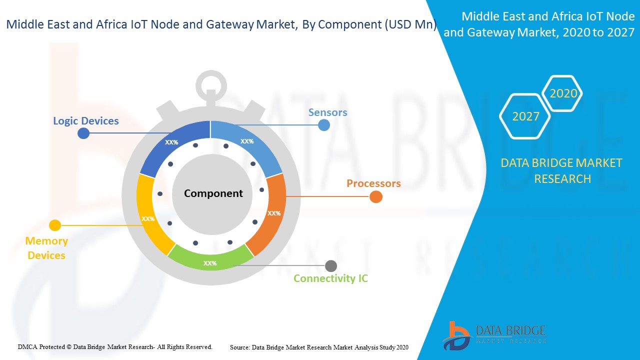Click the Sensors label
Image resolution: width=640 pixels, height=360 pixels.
327,112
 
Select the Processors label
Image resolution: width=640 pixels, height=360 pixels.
373,183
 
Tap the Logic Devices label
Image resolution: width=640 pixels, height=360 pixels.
86,121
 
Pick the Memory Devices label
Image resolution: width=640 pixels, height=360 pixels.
46,248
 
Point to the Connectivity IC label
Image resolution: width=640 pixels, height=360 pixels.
330,278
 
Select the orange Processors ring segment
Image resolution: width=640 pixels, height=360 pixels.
270,215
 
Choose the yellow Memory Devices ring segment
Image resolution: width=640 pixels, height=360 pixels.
149,215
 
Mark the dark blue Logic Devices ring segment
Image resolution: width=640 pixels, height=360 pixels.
172,145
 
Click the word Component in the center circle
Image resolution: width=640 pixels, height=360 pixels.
213,193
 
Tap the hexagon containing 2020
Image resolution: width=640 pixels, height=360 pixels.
563,93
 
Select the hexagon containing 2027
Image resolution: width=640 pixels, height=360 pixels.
525,116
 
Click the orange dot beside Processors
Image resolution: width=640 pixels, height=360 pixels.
376,197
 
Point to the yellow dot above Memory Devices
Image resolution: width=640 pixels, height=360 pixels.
55,225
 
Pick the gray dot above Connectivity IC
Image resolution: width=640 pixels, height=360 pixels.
331,266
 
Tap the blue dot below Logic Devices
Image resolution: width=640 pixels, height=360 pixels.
84,133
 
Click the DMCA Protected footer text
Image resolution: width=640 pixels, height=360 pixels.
115,346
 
